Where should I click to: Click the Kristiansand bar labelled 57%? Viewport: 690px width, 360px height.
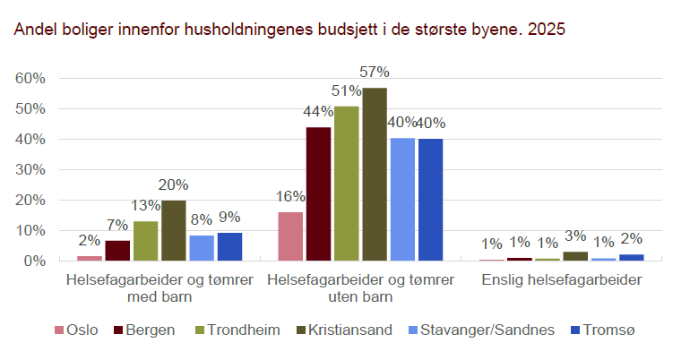point(375,175)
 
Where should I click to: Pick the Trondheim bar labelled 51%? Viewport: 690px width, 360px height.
point(347,184)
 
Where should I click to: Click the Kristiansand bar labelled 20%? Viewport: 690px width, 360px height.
point(173,230)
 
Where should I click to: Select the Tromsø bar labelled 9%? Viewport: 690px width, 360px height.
point(229,247)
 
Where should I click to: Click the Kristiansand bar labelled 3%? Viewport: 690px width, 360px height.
point(575,256)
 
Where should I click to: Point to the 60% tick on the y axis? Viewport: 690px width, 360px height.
point(30,79)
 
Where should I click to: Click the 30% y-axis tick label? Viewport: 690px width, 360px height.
point(30,170)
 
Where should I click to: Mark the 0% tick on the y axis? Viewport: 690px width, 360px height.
point(34,261)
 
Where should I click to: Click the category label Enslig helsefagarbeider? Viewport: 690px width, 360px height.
point(561,280)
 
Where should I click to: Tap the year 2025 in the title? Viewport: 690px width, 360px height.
point(547,30)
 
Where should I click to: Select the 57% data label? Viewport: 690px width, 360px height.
point(375,72)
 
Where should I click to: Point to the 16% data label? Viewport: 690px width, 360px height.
point(289,196)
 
